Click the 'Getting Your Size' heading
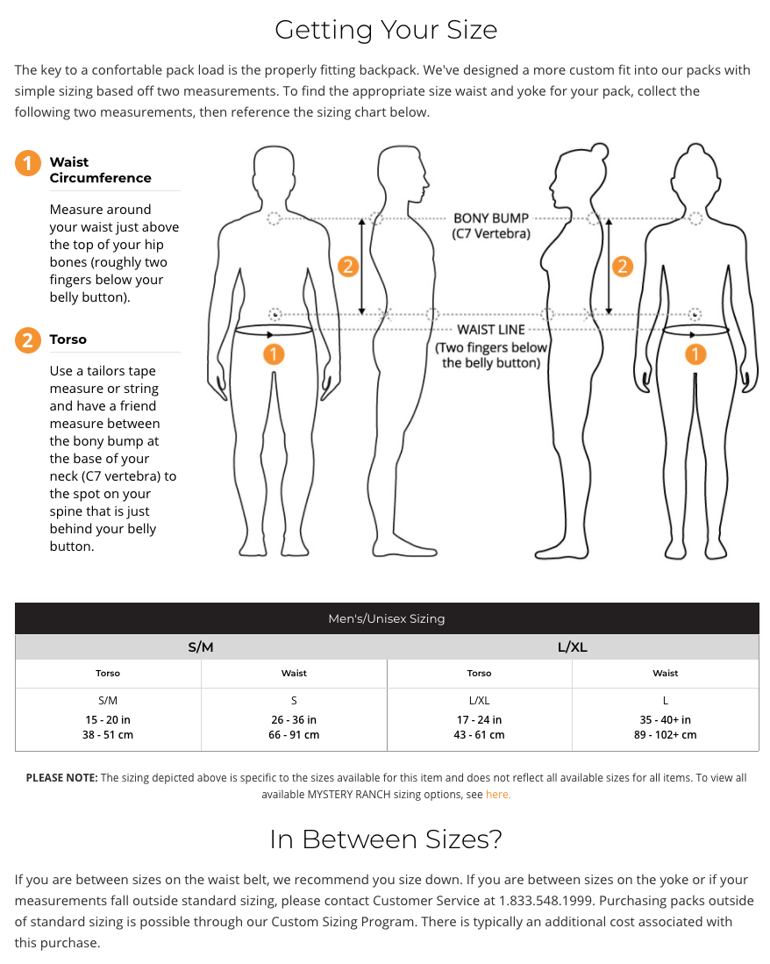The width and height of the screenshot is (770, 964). point(386,30)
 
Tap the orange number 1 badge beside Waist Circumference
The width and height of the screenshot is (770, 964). point(27,163)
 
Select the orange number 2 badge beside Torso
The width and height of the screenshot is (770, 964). point(27,340)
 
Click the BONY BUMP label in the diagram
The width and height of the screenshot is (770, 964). point(491,218)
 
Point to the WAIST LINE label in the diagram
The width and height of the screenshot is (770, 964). point(491,330)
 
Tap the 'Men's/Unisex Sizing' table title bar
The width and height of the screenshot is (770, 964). point(386,618)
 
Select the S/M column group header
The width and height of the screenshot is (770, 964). point(201,647)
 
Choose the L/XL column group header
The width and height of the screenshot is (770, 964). point(572,647)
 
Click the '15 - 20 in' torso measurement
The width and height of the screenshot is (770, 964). point(108,719)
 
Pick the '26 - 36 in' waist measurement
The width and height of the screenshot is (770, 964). point(294,719)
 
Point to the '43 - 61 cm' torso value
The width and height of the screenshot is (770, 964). point(479,735)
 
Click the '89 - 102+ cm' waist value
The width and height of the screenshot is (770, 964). point(665,735)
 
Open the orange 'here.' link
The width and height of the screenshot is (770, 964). point(497,795)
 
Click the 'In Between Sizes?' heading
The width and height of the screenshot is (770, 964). point(386,839)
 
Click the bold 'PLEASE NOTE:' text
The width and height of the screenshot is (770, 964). point(61,778)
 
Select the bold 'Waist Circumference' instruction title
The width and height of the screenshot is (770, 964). point(100,170)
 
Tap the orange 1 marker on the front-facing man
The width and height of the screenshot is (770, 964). point(274,354)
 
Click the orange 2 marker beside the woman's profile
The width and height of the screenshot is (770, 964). point(622,266)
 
